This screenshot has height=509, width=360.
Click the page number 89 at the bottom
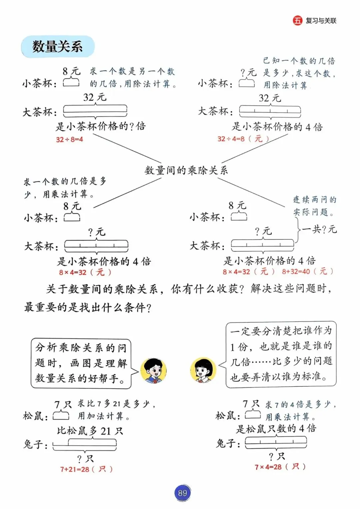point(182,493)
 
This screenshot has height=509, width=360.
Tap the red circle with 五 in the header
point(297,20)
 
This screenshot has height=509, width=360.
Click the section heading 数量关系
point(58,46)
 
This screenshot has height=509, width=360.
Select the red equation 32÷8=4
point(69,139)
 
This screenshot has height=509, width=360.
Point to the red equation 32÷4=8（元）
point(243,139)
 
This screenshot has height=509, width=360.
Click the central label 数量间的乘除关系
point(186,170)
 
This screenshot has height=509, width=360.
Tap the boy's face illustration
point(153,371)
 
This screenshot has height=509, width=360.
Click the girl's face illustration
point(203,371)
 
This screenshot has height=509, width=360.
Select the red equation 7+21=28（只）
point(86,469)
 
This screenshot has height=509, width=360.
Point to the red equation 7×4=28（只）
point(280,467)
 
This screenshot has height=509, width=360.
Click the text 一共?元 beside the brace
point(319,229)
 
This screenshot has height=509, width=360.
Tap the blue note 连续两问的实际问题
point(314,206)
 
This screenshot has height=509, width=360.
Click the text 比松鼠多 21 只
point(90,431)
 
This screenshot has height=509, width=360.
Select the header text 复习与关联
point(321,21)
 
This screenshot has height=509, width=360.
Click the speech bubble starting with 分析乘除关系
point(81,363)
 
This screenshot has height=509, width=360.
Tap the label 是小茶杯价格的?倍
point(101,126)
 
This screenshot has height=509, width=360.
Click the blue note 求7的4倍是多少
point(300,410)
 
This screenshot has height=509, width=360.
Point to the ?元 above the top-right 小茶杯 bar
point(248,72)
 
